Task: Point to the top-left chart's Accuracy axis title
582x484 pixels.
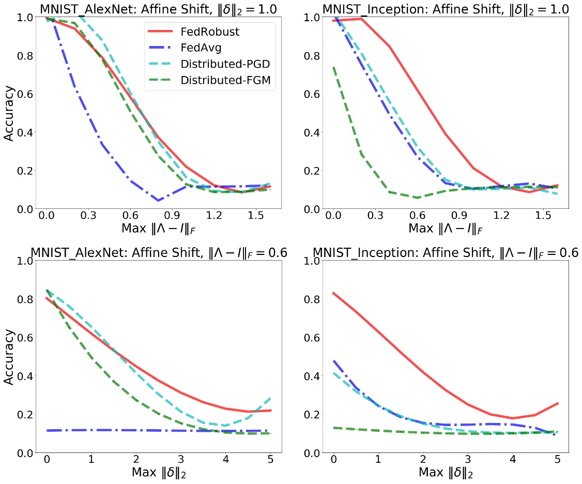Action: tap(10, 113)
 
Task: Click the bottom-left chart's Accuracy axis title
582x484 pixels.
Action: tap(10, 357)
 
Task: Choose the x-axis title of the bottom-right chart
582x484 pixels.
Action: tap(446, 472)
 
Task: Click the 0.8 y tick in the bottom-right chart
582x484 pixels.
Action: tap(308, 299)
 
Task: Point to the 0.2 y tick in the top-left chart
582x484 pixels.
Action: tap(22, 171)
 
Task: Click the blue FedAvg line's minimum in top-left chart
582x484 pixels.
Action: tap(159, 200)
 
